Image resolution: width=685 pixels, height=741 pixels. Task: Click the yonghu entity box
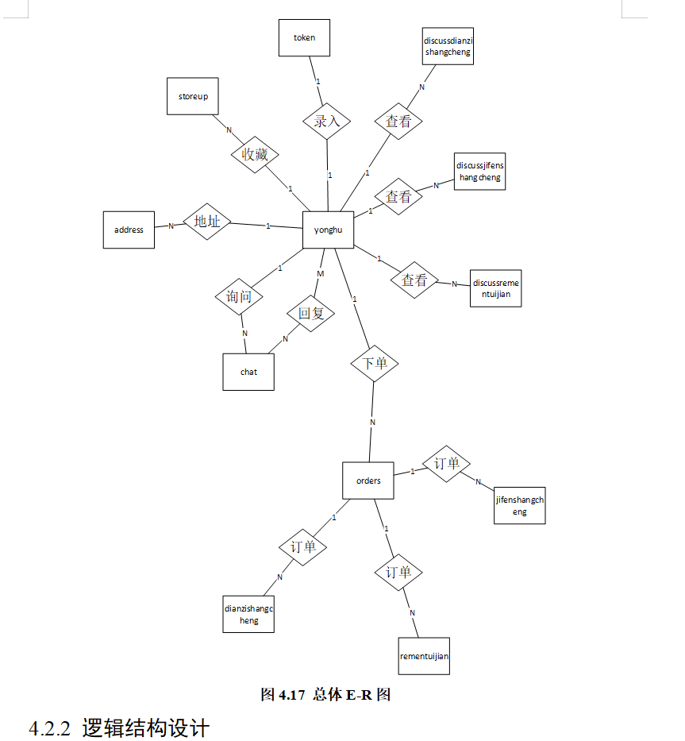328,230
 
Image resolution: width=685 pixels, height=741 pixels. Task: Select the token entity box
304,37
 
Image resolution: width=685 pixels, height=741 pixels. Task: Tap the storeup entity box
193,96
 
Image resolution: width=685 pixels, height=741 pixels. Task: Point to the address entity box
129,230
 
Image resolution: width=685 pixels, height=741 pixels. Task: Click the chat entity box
248,371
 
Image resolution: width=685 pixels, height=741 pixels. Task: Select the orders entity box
368,480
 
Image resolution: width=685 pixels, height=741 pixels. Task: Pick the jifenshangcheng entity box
519,505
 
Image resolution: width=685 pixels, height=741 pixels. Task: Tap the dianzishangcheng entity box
248,614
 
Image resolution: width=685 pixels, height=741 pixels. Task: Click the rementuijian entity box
424,656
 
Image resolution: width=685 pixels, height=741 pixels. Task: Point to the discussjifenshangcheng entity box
479,171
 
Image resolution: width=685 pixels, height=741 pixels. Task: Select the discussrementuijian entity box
496,288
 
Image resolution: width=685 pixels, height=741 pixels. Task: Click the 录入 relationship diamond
327,122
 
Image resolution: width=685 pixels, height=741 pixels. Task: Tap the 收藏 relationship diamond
256,155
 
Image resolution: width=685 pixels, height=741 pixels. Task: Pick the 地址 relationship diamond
207,222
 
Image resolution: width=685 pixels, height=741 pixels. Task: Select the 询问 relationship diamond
239,297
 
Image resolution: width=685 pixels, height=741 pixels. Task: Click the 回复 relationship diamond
311,313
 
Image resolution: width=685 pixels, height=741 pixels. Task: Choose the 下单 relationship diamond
375,363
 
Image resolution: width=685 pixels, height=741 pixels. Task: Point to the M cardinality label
321,273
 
